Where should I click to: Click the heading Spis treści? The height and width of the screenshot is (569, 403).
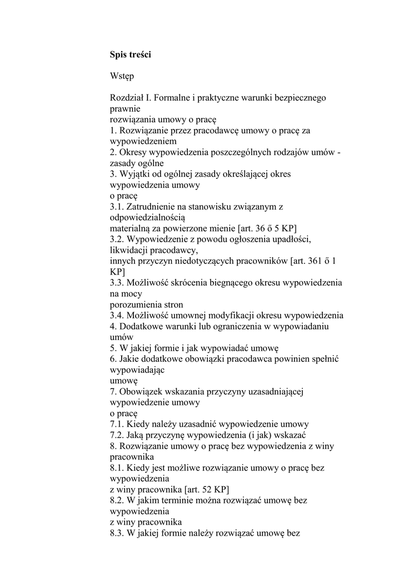pos(130,55)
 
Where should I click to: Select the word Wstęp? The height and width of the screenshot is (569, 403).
pos(122,77)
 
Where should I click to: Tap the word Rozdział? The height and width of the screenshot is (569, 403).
pos(127,98)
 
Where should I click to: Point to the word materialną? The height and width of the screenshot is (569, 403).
pos(131,228)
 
